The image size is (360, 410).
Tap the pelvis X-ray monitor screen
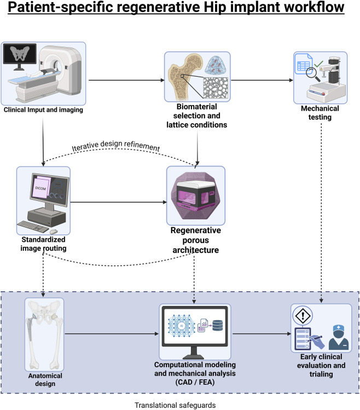point(20,54)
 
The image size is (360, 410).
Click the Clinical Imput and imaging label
point(43,110)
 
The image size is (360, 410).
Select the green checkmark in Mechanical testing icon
point(318,63)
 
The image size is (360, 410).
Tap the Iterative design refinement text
point(116,146)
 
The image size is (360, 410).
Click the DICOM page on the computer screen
point(42,187)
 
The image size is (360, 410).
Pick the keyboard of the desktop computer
point(33,227)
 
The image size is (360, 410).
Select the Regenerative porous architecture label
point(195,240)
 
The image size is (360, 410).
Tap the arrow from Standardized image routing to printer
point(118,202)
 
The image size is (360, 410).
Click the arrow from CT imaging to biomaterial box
point(126,80)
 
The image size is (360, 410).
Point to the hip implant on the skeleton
point(32,327)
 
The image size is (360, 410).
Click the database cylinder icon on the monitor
point(218,326)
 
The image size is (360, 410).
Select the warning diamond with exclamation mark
point(303,316)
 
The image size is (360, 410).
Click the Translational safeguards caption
point(175,405)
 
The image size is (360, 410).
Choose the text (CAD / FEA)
point(195,382)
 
